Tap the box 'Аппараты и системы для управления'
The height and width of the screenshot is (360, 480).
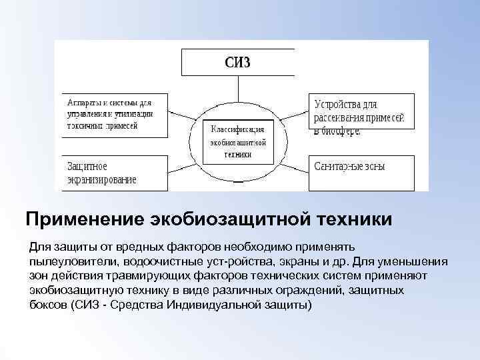pos(112,115)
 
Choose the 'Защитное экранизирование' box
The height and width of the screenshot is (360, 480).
pos(112,173)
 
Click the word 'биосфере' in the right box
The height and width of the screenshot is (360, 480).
pos(343,131)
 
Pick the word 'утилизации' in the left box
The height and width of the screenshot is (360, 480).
pos(136,114)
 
